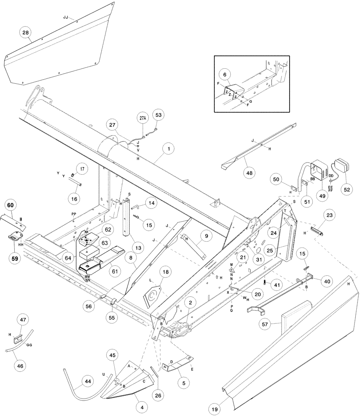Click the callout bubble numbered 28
tap(26, 32)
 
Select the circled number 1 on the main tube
tap(169, 148)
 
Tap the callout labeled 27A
tap(143, 119)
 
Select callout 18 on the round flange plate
tap(165, 272)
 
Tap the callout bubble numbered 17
tap(82, 169)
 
